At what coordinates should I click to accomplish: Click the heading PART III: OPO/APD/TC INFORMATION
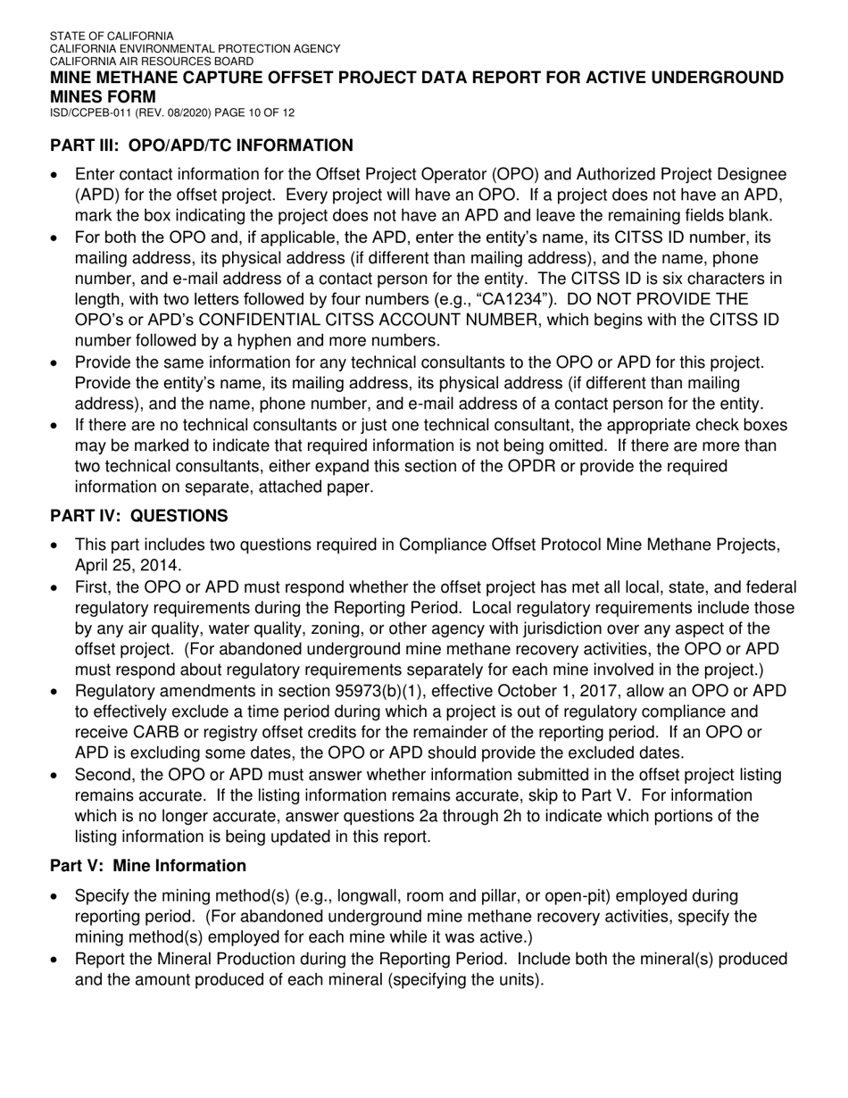201,146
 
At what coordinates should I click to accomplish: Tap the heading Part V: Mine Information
147,866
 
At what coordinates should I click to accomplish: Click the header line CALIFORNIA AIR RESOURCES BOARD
151,61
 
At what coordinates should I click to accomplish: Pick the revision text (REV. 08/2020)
175,113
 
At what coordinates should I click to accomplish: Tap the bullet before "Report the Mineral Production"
56,961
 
